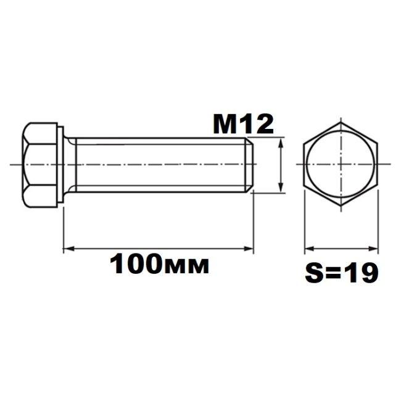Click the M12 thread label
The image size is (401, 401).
click(244, 125)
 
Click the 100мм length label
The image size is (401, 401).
click(159, 264)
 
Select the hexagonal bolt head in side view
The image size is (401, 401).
click(39, 165)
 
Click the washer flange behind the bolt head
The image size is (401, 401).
click(60, 165)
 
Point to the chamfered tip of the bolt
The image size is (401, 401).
click(250, 165)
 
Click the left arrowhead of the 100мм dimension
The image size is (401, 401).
click(68, 249)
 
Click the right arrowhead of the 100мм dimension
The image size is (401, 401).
click(249, 249)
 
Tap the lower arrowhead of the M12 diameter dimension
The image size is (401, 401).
click(281, 187)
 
